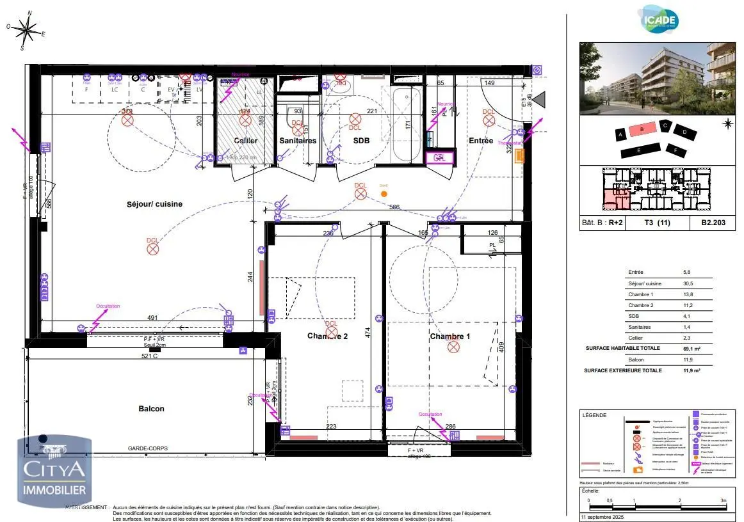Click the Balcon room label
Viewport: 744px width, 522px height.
(x=151, y=409)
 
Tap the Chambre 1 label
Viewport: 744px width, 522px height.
(x=449, y=336)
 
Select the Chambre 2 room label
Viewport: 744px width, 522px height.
(x=327, y=336)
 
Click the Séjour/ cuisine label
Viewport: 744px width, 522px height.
(x=154, y=204)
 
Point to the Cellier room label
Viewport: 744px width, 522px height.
(x=245, y=141)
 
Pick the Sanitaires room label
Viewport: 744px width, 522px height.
(x=298, y=141)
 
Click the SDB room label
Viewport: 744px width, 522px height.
(x=362, y=141)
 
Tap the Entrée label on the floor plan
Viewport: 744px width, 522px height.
(x=480, y=141)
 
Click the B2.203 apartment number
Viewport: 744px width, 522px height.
(x=713, y=224)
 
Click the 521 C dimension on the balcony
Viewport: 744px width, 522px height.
(x=149, y=356)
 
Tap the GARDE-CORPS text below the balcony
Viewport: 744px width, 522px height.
(x=148, y=449)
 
